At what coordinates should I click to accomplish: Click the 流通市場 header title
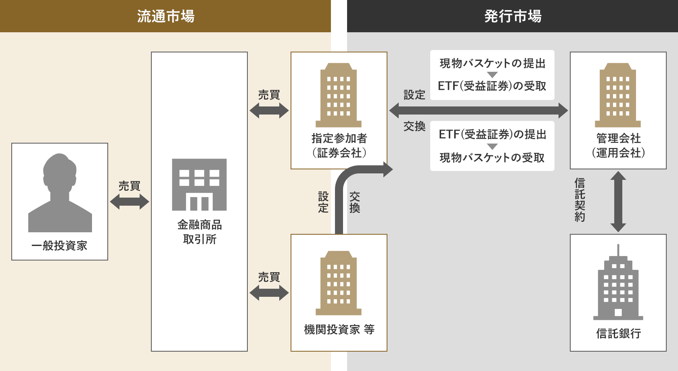click(165, 16)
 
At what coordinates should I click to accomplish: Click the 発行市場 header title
click(513, 16)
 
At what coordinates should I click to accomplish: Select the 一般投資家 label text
click(59, 246)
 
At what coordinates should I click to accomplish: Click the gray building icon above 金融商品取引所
click(199, 184)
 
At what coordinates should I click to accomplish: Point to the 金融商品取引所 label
click(199, 232)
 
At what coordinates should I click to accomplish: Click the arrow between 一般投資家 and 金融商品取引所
click(130, 202)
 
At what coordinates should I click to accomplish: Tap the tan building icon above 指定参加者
click(338, 95)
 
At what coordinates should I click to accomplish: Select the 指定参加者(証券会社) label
click(339, 146)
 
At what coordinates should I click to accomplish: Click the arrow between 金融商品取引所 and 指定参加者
click(269, 110)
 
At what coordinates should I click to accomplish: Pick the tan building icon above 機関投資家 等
click(338, 283)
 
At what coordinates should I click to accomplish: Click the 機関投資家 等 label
click(339, 329)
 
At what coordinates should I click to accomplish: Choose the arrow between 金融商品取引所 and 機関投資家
click(269, 293)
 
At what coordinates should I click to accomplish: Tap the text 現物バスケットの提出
click(492, 63)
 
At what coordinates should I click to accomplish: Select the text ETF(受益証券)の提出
click(492, 134)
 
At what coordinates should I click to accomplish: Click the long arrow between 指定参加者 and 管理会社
click(479, 110)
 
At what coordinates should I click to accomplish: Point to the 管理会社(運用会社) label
click(618, 146)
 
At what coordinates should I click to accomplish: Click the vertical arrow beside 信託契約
click(618, 202)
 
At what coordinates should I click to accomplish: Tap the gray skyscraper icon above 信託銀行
click(618, 282)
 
